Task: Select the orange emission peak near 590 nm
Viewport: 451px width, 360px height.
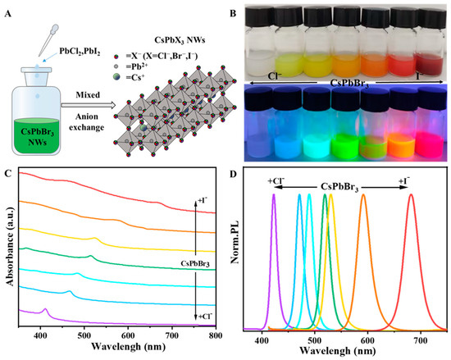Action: (x=363, y=197)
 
